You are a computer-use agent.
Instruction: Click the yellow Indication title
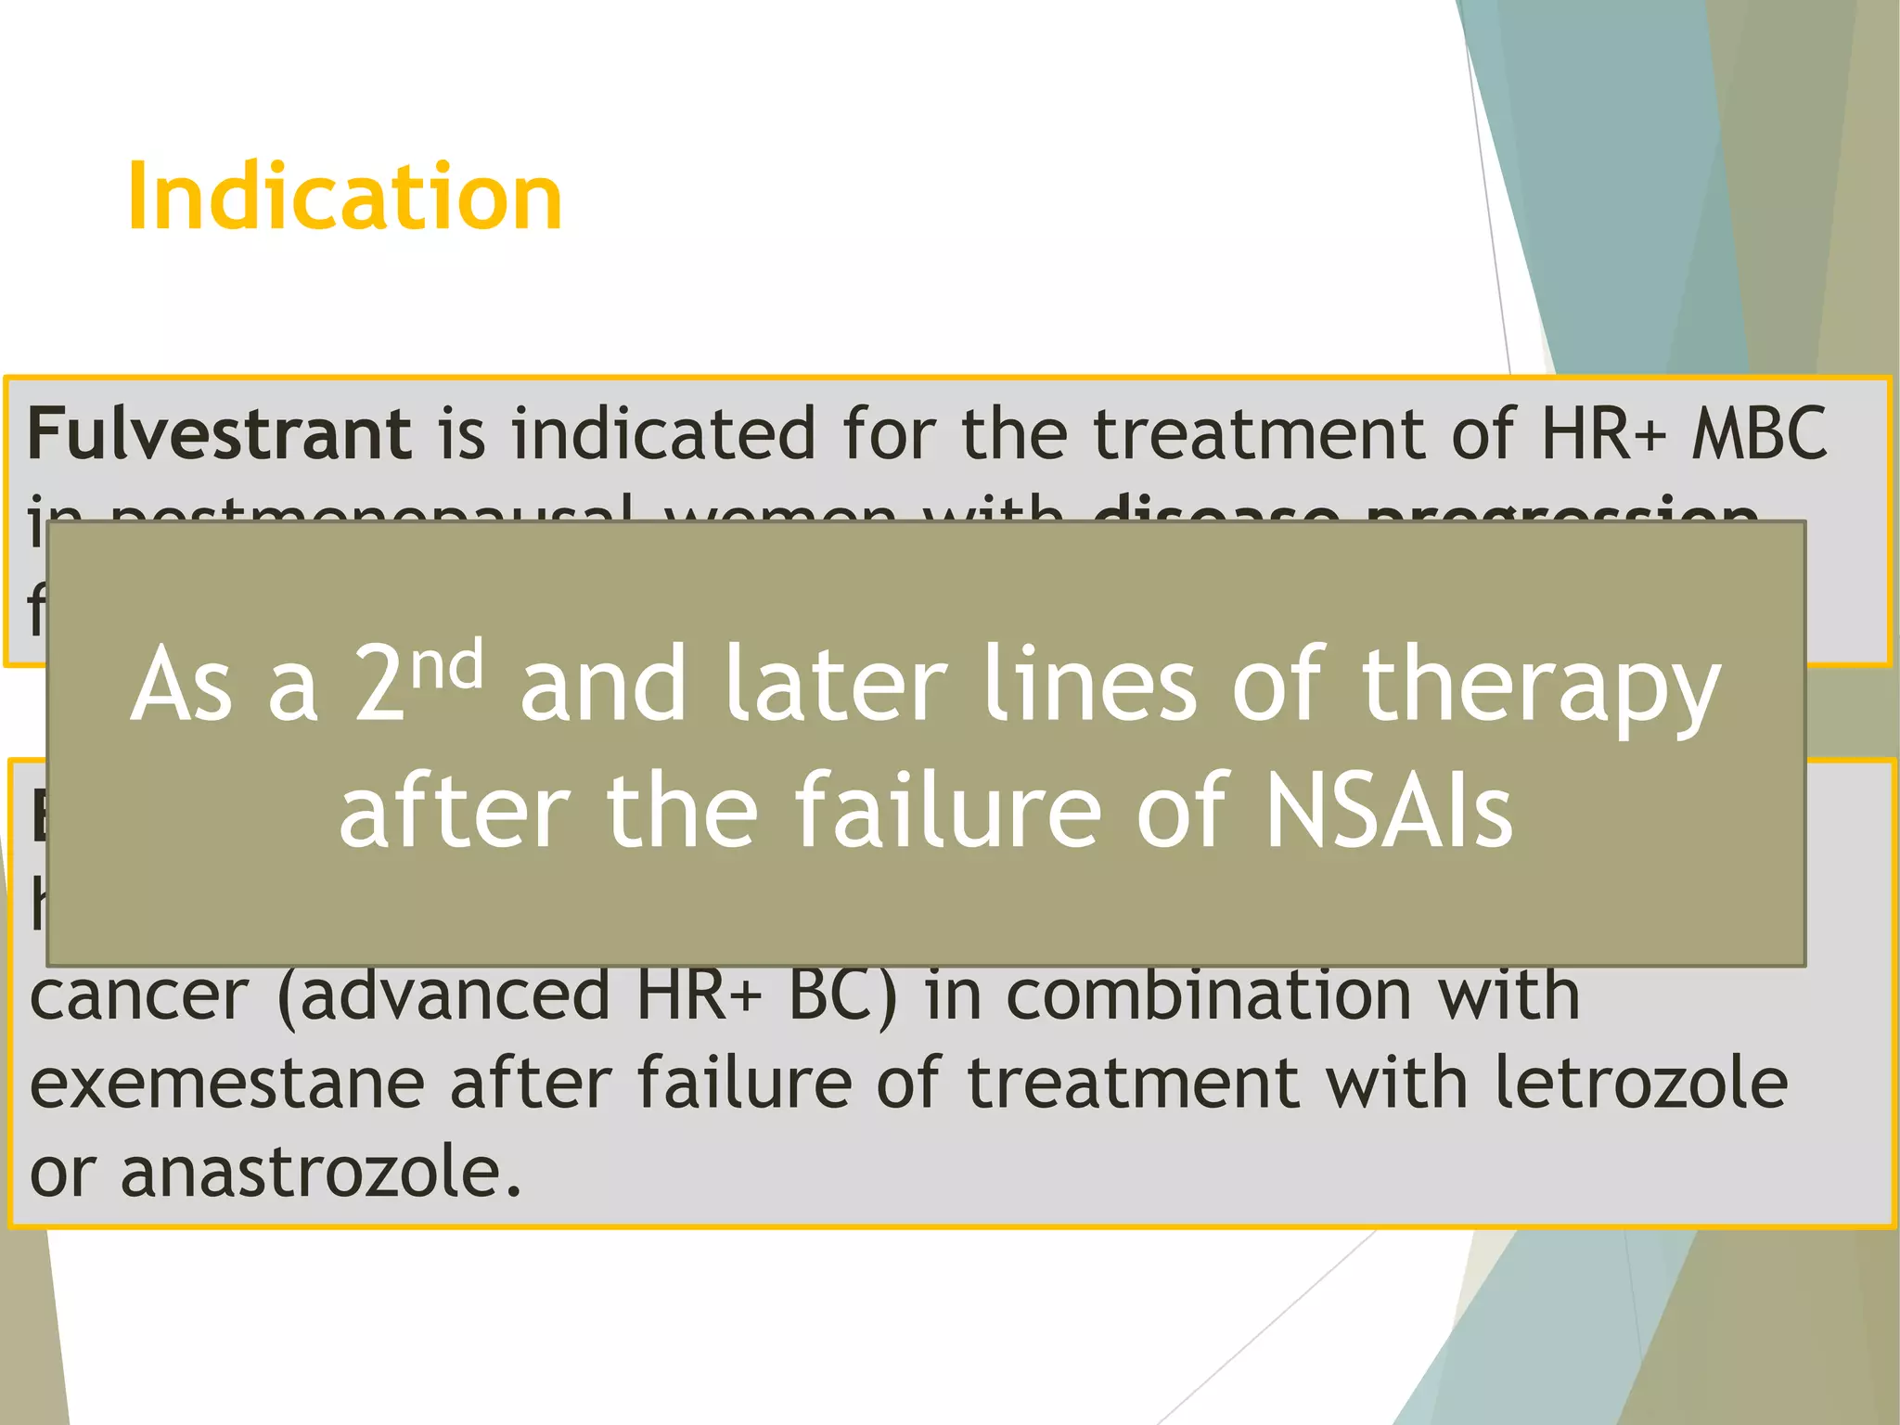pos(344,197)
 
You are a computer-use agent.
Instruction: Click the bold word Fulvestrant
pos(219,434)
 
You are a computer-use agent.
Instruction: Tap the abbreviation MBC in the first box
pos(1759,434)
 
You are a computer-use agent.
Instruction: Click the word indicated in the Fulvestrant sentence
pos(663,434)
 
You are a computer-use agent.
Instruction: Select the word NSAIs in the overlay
pos(1389,811)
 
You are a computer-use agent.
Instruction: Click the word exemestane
pos(227,1084)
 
